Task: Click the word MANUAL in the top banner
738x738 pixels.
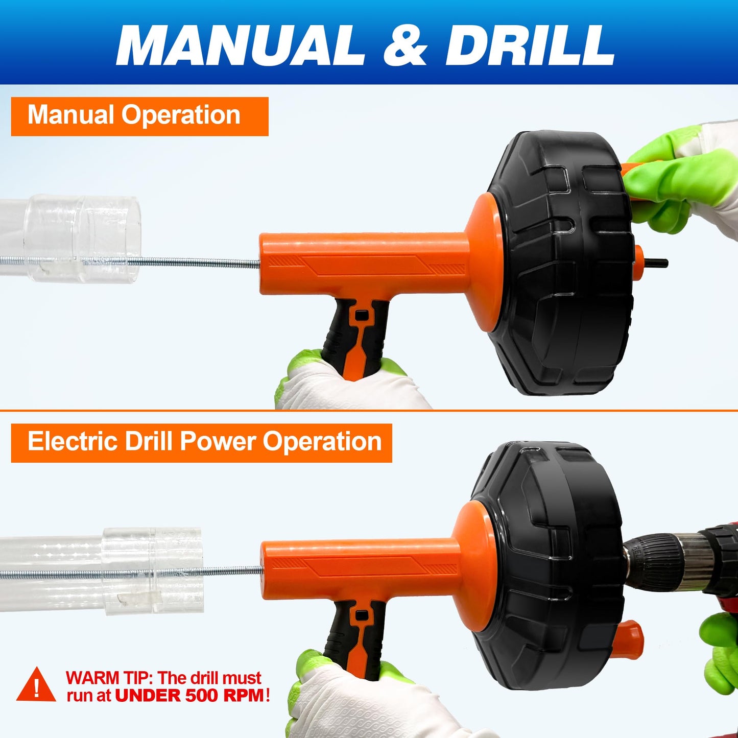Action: point(240,46)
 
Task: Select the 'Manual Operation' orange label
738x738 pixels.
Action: point(139,116)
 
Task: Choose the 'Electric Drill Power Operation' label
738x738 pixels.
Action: point(201,443)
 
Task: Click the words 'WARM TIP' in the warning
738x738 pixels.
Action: point(109,678)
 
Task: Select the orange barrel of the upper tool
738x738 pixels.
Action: point(364,264)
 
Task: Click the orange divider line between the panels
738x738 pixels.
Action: point(369,410)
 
